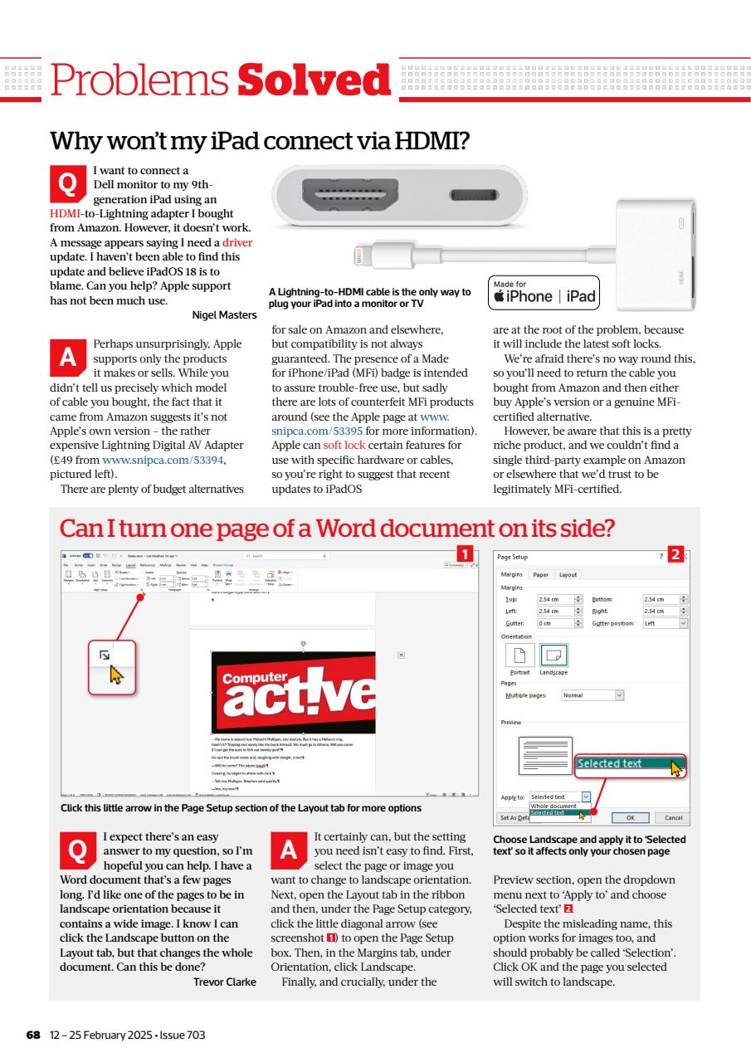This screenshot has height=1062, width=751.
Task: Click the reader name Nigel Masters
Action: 224,314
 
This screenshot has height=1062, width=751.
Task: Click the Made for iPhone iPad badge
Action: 544,293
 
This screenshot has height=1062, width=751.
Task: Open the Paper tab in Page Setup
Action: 540,574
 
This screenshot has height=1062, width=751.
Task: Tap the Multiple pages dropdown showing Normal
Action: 593,695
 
